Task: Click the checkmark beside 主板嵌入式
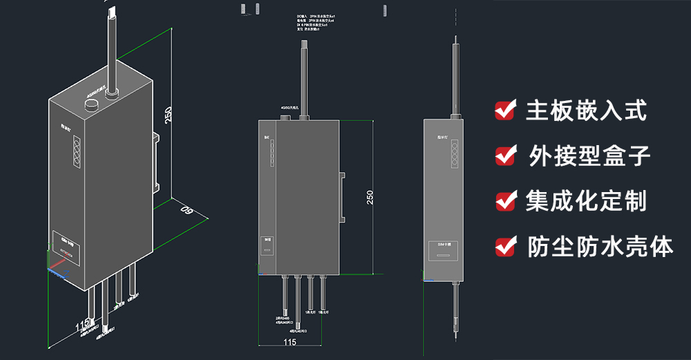[x=506, y=110]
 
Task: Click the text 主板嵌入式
[x=587, y=110]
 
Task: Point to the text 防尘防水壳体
[x=600, y=246]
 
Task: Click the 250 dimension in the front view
[x=370, y=196]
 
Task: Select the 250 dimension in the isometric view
[x=167, y=115]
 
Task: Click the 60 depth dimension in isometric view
[x=185, y=210]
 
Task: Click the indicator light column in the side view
[x=455, y=156]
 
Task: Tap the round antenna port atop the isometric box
[x=92, y=104]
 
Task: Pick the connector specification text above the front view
[x=316, y=23]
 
